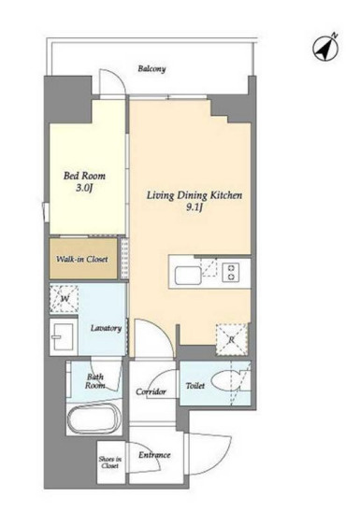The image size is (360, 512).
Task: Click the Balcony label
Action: coord(151,68)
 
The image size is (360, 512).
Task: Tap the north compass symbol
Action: coord(325,49)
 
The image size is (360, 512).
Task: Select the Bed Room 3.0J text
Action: coord(84,181)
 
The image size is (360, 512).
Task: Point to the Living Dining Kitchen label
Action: coord(194,195)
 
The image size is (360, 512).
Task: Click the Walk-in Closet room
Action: coord(83,259)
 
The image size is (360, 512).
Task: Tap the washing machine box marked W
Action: coord(64,298)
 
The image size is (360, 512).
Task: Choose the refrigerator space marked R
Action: coord(231,339)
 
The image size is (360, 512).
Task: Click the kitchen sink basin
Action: coord(188,276)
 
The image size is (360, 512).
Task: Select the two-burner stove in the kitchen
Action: coord(231,272)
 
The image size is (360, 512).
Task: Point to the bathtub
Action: coord(94,419)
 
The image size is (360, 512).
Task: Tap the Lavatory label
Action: coord(106,328)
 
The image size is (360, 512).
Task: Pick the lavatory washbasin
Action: coord(64,337)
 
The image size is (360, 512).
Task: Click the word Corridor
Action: coord(151,391)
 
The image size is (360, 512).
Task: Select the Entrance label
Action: coord(154,455)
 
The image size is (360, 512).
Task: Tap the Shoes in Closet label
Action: coord(109,462)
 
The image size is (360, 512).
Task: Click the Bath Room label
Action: coord(95,381)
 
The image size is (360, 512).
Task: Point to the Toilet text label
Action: coord(195,386)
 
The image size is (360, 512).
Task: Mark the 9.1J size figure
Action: coord(194,207)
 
